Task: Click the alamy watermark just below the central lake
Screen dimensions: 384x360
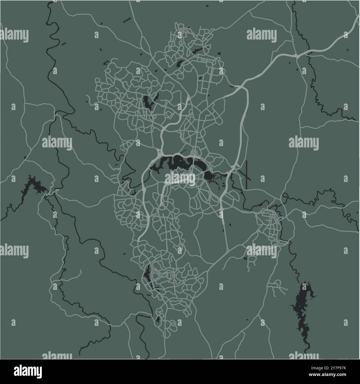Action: pyautogui.click(x=180, y=179)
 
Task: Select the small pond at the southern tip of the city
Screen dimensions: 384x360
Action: pyautogui.click(x=158, y=320)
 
